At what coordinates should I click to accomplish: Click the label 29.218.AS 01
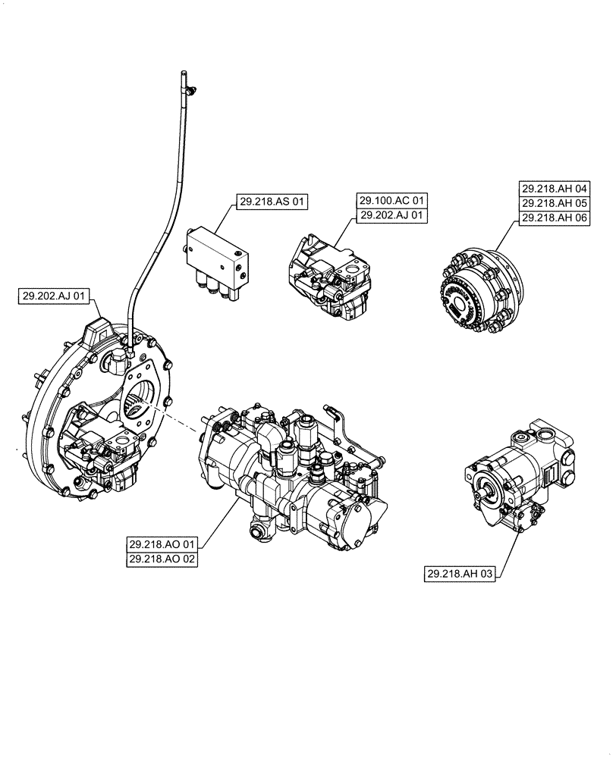272,202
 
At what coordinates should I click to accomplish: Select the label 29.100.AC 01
392,201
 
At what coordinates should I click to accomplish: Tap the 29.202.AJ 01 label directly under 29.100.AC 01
392,215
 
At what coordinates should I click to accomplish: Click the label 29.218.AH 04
555,188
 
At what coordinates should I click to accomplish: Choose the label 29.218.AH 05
555,202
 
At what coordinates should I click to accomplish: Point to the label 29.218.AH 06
555,217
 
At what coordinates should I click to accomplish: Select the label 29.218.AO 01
163,543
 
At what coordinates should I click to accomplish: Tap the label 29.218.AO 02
163,559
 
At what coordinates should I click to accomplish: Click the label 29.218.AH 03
460,575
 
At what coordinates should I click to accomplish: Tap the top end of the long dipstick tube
184,74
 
